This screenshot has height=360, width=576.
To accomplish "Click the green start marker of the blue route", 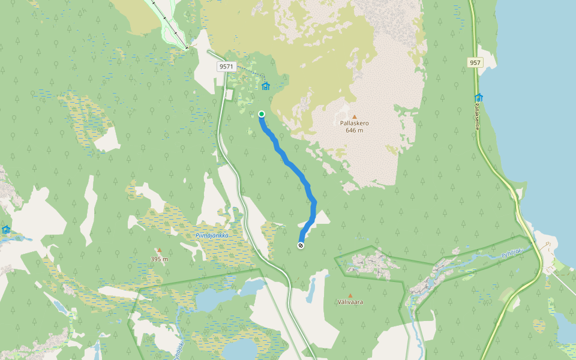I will [262, 114].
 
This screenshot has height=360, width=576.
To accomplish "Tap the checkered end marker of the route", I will [301, 245].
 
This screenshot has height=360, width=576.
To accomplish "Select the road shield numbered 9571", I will [227, 67].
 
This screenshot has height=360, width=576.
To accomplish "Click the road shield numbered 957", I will [475, 62].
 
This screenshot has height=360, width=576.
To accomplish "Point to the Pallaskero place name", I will [354, 124].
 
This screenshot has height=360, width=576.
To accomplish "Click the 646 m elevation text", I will [354, 131].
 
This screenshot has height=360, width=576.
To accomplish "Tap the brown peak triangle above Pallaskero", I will [354, 116].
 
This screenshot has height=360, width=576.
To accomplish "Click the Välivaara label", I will [350, 302].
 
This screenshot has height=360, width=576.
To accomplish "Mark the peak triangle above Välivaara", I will [350, 295].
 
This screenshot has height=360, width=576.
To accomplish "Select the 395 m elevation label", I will [159, 259].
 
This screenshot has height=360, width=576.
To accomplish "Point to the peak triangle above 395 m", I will [159, 251].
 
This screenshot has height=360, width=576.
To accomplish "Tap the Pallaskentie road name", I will [478, 115].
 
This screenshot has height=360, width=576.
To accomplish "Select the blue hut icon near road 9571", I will [266, 86].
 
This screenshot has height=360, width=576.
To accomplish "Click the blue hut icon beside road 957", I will [479, 97].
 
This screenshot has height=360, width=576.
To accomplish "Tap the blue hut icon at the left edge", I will [6, 230].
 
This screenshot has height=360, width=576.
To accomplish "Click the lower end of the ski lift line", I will [187, 47].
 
